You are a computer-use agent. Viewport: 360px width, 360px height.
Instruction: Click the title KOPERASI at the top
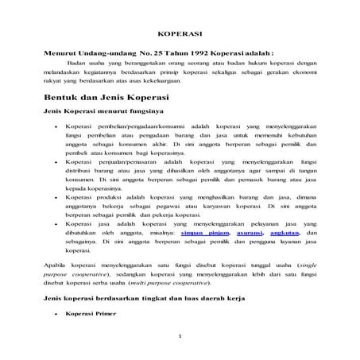(x=179, y=35)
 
